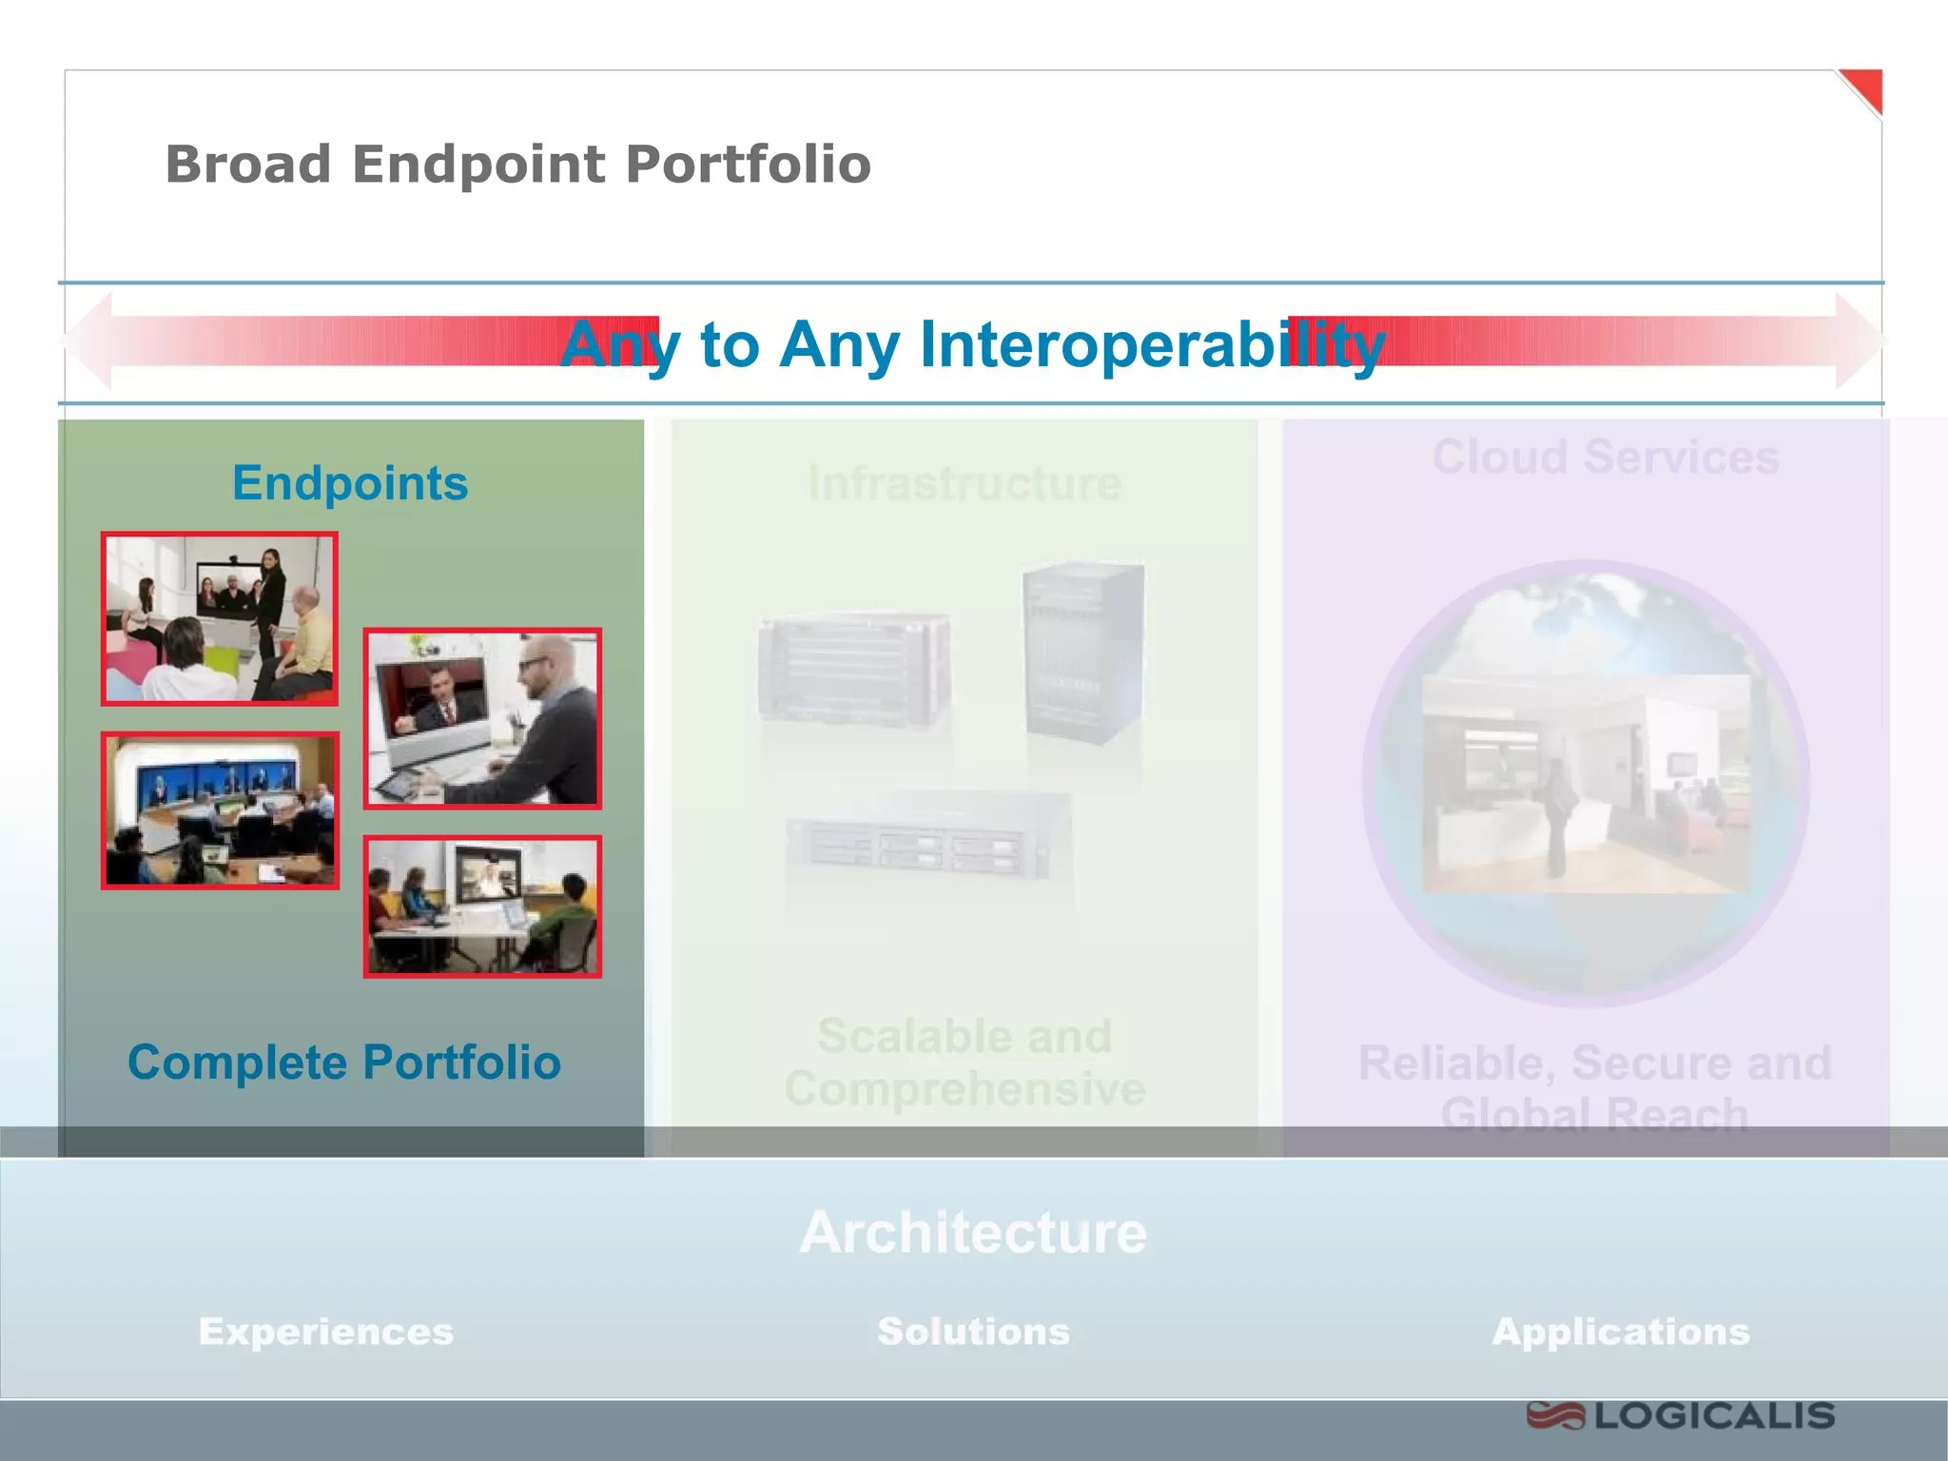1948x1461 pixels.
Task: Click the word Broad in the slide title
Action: [x=248, y=165]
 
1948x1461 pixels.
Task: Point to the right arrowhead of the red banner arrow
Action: [x=1860, y=341]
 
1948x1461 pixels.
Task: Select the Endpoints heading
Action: [x=350, y=483]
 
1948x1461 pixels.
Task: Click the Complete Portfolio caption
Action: [x=344, y=1062]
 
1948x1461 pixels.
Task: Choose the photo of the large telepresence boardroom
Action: [x=220, y=810]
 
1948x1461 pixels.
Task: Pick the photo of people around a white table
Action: [x=482, y=906]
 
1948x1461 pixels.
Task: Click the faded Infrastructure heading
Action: [x=964, y=483]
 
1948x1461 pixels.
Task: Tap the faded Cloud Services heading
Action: [x=1606, y=458]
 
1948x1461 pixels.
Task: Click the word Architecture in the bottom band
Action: [x=973, y=1233]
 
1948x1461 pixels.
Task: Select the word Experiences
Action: [x=326, y=1332]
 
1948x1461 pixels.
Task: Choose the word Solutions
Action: [x=973, y=1332]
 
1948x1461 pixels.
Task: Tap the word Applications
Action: [x=1621, y=1332]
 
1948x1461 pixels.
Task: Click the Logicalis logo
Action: [x=1680, y=1416]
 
